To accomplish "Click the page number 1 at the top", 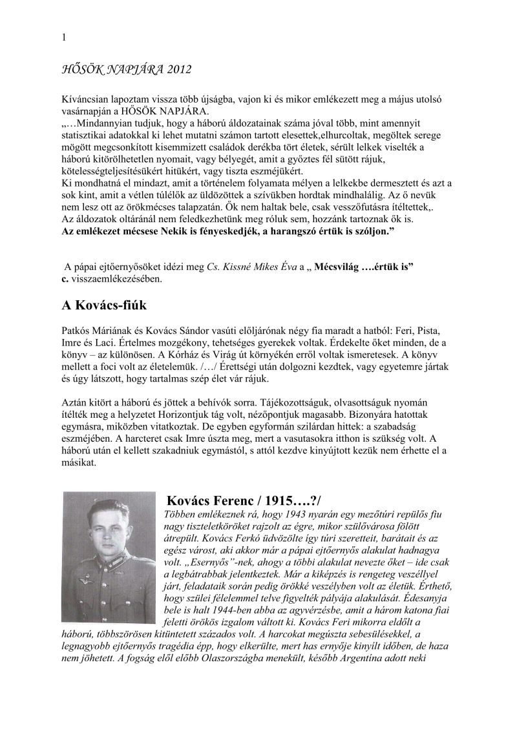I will (x=63, y=38).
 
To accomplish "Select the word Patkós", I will (x=77, y=329).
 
